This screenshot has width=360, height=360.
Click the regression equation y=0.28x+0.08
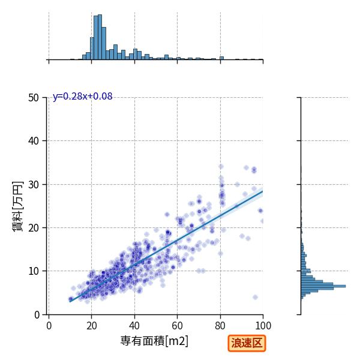pos(83,97)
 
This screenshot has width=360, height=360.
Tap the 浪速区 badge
pos(247,343)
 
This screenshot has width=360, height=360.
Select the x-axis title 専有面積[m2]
pos(154,341)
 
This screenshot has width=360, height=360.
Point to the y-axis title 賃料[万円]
pos(17,206)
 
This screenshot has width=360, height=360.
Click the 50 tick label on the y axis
pos(34,98)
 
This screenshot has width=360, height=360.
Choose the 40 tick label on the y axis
pos(34,141)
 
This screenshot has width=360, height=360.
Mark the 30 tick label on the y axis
pos(34,185)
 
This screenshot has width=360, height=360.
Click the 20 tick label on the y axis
pos(34,228)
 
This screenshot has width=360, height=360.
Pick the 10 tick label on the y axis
pos(34,271)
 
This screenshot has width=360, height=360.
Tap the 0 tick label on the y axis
pos(37,315)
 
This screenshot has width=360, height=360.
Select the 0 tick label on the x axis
pos(49,326)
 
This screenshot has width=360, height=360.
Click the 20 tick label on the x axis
pos(92,326)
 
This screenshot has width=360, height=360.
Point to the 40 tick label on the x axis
pos(134,326)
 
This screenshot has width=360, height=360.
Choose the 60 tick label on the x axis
pos(177,326)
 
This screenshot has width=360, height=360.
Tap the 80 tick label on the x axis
pos(220,326)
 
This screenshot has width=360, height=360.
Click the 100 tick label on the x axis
pos(263,326)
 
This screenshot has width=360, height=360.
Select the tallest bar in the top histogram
pos(100,37)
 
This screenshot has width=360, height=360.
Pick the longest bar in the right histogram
pos(323,286)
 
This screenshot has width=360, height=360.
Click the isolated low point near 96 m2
pos(255,298)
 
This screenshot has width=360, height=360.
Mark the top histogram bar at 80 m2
pos(221,58)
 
